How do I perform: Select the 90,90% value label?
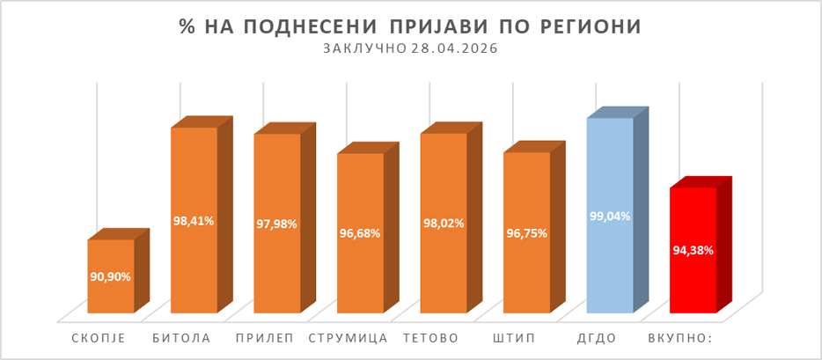click(x=111, y=276)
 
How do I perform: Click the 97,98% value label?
click(x=277, y=224)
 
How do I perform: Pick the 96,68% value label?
click(x=360, y=233)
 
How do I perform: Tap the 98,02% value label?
click(x=443, y=224)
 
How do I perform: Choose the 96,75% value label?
click(x=526, y=233)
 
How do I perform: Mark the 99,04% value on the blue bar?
click(x=609, y=216)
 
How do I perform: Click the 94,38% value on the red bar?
click(x=693, y=250)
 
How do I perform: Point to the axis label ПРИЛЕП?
click(x=266, y=338)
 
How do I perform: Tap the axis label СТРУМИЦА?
click(x=349, y=338)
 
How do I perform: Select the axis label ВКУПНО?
click(x=683, y=338)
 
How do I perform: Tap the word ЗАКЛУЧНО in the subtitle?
click(x=365, y=49)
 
